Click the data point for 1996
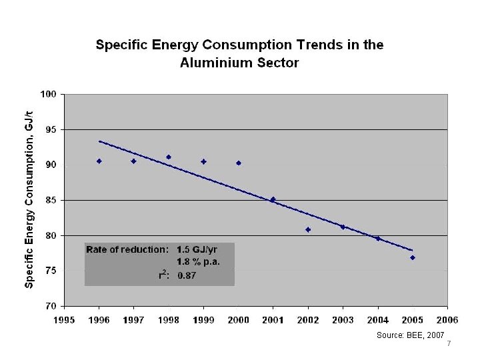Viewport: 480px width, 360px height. coord(99,161)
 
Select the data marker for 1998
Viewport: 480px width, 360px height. coord(169,157)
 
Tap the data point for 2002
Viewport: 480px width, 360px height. coord(308,229)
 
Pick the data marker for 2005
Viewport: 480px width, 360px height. coord(413,257)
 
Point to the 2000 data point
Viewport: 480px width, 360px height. coord(239,163)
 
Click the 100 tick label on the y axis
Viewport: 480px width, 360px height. coord(48,94)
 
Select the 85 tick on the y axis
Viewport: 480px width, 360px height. coord(51,200)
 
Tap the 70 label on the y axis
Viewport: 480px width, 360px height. coord(51,307)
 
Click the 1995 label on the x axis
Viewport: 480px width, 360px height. coord(64,320)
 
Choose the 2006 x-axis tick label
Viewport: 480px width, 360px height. coord(447,320)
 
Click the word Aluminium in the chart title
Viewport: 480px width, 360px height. coord(216,63)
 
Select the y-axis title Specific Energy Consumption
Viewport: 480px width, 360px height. coord(29,199)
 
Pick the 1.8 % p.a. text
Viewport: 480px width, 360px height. coord(198,261)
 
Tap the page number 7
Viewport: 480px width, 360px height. coord(449,344)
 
